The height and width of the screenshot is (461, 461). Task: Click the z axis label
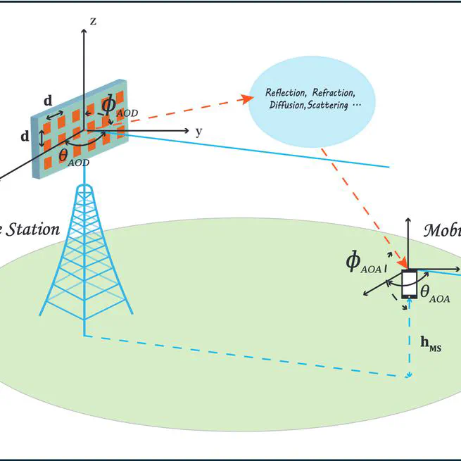pyautogui.click(x=93, y=21)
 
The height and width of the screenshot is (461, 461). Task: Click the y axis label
pyautogui.click(x=199, y=131)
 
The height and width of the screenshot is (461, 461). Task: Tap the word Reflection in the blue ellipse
pyautogui.click(x=286, y=93)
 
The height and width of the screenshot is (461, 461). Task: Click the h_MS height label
pyautogui.click(x=431, y=343)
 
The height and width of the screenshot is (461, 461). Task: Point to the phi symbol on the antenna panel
pyautogui.click(x=109, y=104)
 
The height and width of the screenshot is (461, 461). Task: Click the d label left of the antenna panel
pyautogui.click(x=25, y=137)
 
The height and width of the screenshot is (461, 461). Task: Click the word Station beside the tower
pyautogui.click(x=32, y=229)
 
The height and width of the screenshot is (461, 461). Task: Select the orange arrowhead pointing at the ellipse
pyautogui.click(x=248, y=98)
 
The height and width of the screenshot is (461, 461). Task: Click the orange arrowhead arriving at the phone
pyautogui.click(x=406, y=265)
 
